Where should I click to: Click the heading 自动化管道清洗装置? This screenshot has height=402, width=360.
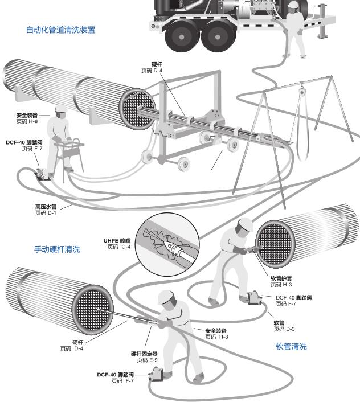coord(60,30)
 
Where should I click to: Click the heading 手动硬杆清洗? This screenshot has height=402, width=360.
coord(57,249)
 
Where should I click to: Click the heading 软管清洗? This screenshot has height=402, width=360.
coord(291,346)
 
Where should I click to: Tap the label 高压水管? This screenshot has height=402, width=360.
coord(46,207)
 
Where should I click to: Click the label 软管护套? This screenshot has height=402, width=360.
coord(281,278)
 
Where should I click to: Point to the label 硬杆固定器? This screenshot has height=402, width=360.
coord(144,354)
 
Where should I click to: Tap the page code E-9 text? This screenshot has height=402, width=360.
coord(147,360)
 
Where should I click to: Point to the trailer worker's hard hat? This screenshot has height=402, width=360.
coord(293,4)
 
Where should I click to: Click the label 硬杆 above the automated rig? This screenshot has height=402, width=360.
coord(157,64)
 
